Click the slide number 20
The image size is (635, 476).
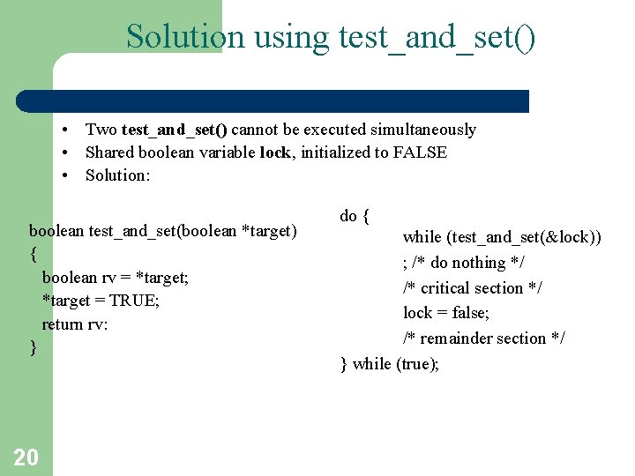tap(26, 457)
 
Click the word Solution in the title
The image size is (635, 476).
tap(184, 37)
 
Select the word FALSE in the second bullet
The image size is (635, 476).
tap(420, 152)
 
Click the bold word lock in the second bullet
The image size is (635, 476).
tap(275, 152)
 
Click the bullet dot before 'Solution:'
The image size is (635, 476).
tap(67, 175)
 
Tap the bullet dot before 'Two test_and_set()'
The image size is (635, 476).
tap(67, 130)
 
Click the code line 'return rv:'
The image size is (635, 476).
tap(75, 324)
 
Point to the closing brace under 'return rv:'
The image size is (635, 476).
tap(34, 347)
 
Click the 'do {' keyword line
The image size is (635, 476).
tap(355, 216)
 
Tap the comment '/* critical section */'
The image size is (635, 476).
tap(473, 288)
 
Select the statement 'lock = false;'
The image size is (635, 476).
tap(446, 313)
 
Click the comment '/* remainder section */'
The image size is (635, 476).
tap(484, 338)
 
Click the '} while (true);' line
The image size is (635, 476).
tap(389, 363)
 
